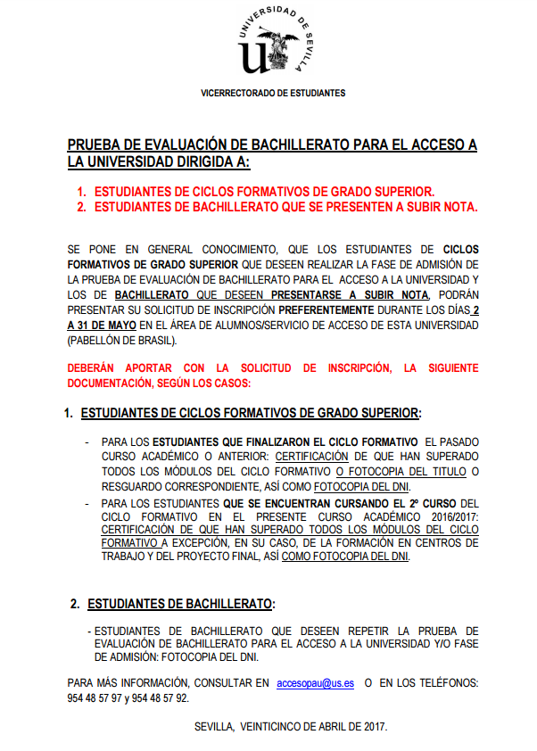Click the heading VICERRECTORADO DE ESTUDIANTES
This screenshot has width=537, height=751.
coord(273,93)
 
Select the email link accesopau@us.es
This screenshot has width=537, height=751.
coord(315,682)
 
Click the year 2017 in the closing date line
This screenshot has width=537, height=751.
coord(376,726)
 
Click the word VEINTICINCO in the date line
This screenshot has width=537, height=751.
coord(280,726)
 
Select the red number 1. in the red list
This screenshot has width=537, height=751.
coord(81,192)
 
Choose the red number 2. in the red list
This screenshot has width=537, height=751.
coord(81,207)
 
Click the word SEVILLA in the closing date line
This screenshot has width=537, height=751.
coord(214,726)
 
